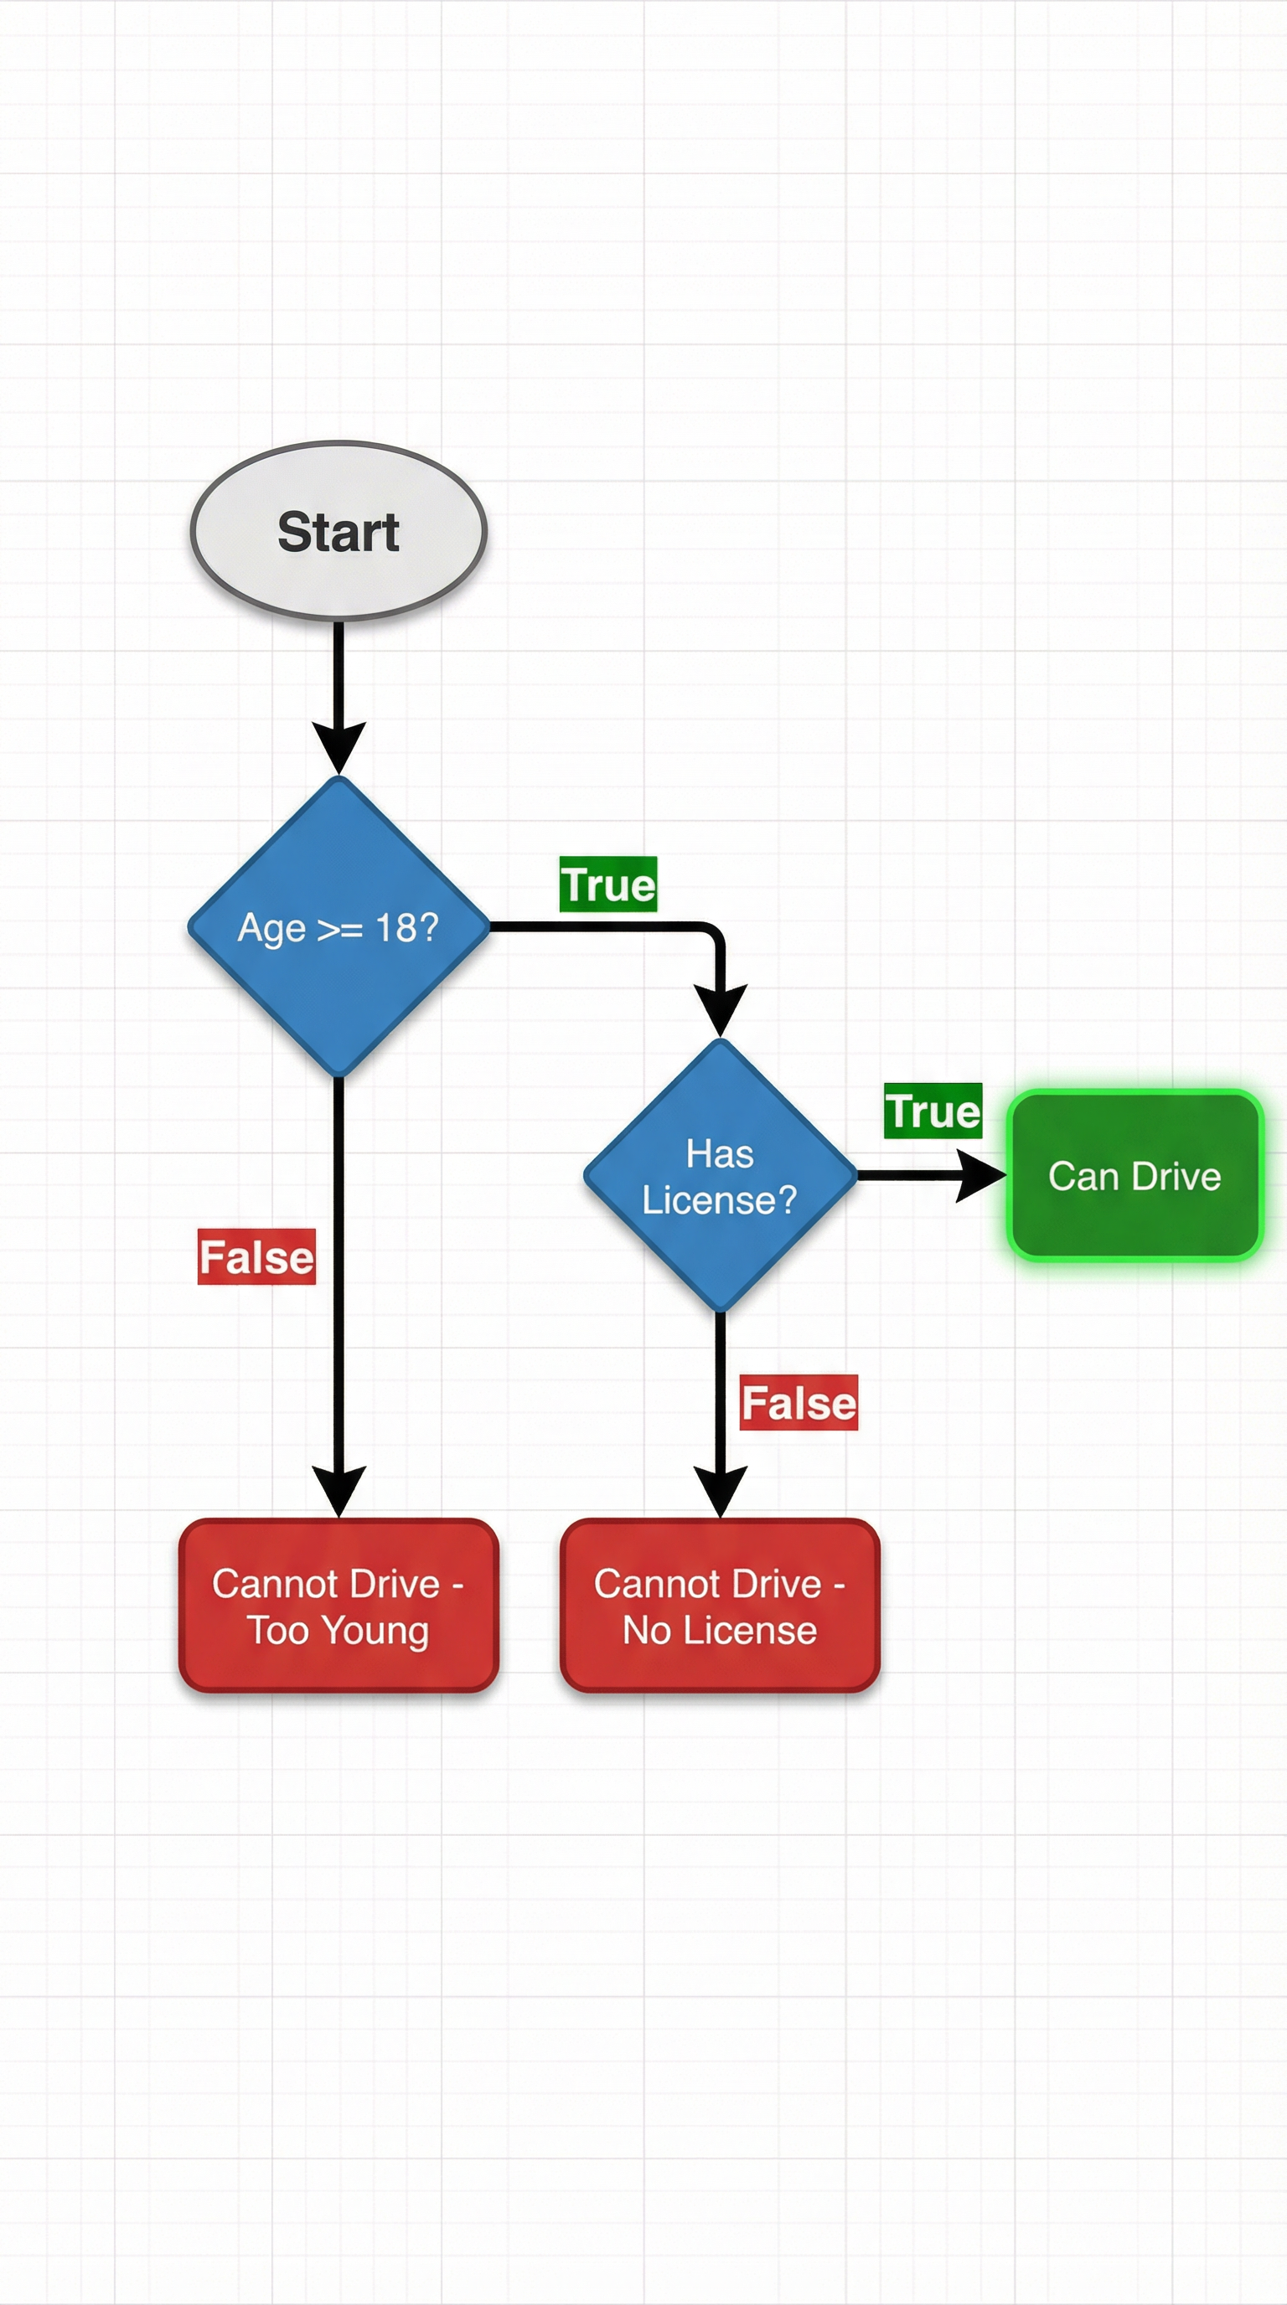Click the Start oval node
tap(339, 531)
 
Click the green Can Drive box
tap(1135, 1176)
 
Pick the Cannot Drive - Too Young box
tap(339, 1606)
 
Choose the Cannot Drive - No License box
tap(721, 1606)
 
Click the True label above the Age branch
tap(608, 884)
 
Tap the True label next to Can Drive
tap(933, 1111)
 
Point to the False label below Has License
tap(799, 1402)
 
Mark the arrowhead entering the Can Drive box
tap(980, 1176)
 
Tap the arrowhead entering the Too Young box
tap(339, 1490)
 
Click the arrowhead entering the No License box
tap(721, 1490)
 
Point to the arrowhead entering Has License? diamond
tap(721, 1009)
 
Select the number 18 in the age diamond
tap(395, 928)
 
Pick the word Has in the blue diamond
tap(720, 1153)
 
